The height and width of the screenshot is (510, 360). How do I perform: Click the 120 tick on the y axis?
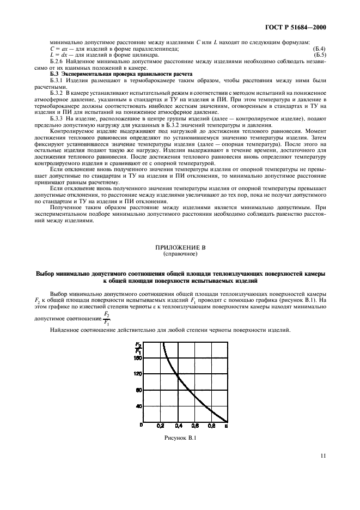[138, 374]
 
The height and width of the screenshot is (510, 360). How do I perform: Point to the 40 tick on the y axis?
[139, 406]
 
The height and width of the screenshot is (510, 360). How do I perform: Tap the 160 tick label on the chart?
[138, 358]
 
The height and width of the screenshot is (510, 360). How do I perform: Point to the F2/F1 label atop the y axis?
[138, 347]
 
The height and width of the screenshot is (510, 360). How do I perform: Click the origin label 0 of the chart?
[141, 425]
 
